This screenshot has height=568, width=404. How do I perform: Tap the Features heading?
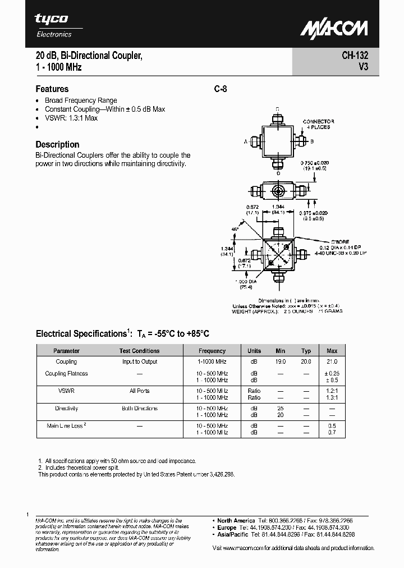(52, 89)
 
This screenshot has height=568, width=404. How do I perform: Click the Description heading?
(57, 144)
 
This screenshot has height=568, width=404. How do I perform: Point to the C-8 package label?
(220, 89)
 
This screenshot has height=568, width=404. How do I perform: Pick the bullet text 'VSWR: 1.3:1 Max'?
(71, 118)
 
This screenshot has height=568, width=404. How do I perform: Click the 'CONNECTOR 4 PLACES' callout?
(318, 124)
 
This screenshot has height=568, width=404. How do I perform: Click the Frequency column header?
(212, 351)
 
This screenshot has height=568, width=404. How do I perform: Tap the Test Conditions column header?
(139, 351)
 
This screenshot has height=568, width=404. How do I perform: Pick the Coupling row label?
(66, 362)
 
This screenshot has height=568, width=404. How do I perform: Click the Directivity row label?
(66, 409)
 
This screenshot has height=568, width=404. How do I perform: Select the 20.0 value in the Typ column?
(306, 362)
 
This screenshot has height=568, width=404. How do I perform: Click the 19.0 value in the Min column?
(281, 362)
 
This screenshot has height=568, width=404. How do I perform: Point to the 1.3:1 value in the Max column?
(332, 397)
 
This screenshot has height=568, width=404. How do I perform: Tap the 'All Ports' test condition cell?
(139, 391)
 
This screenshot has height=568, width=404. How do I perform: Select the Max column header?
(332, 351)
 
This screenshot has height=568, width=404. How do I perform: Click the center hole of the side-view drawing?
(278, 191)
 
